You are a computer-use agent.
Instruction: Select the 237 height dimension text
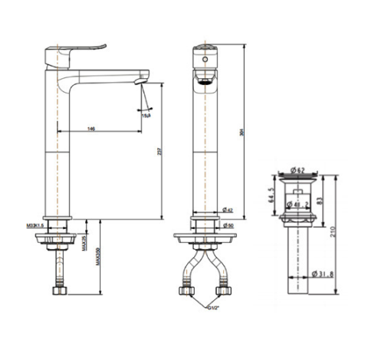[159, 152]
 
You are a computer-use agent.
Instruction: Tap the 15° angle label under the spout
[146, 115]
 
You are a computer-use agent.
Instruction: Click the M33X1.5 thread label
[32, 225]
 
